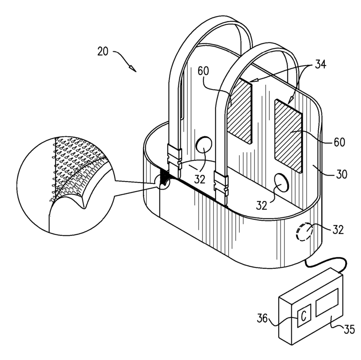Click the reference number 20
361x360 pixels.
click(103, 51)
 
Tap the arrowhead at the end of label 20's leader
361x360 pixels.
click(133, 69)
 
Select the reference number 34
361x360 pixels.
click(321, 64)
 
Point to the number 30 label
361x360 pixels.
click(342, 174)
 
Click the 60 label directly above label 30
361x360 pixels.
click(339, 142)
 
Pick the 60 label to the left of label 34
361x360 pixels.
click(203, 71)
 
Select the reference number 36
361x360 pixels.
click(262, 319)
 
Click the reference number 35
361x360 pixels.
click(349, 329)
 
